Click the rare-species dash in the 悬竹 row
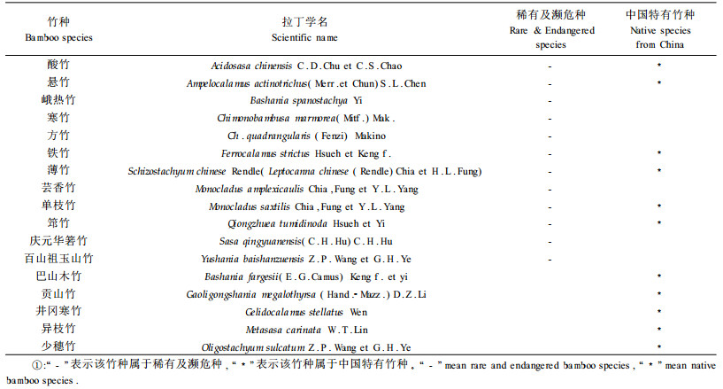pyautogui.click(x=550, y=83)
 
